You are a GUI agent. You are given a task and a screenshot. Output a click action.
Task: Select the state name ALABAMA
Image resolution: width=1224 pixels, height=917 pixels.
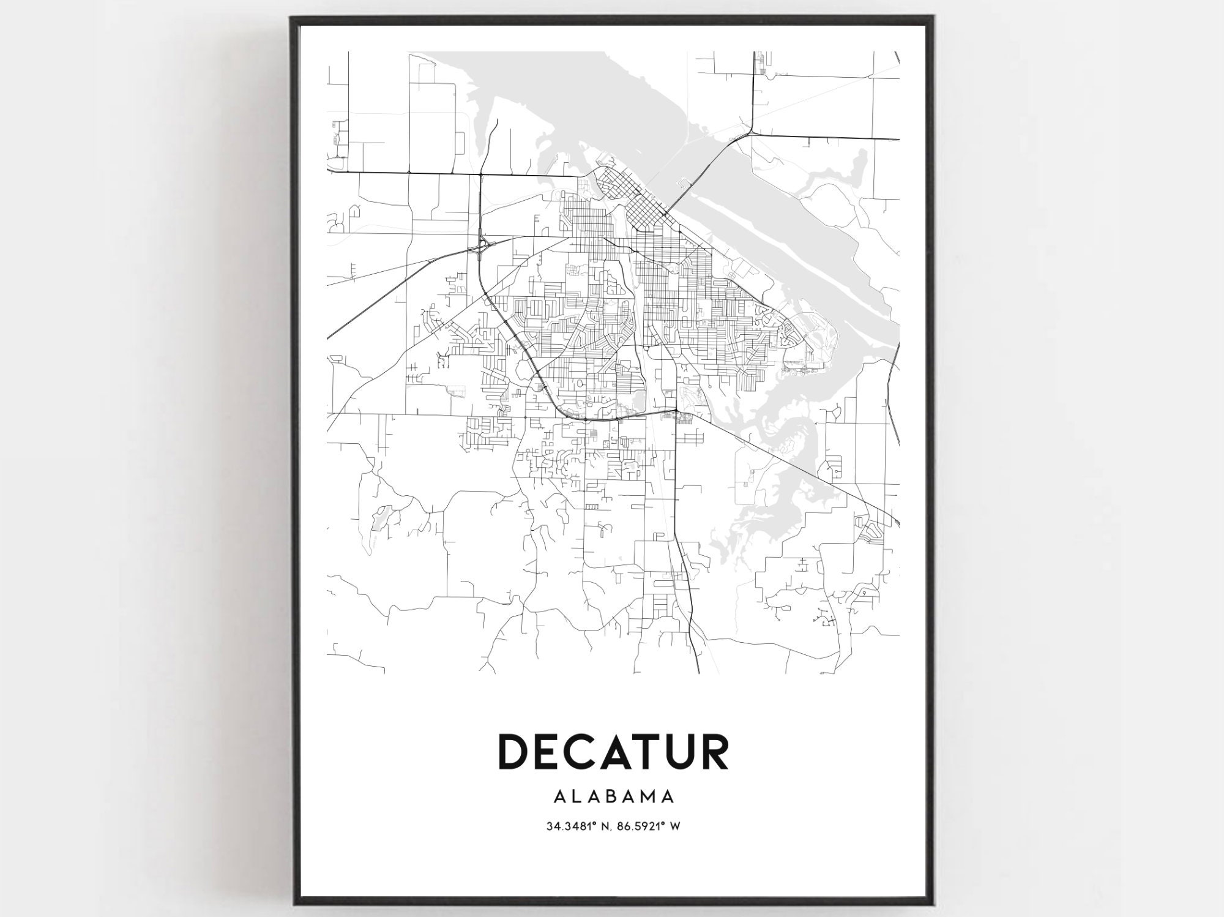pyautogui.click(x=613, y=796)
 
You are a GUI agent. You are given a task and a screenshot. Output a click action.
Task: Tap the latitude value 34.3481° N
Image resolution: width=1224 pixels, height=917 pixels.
pyautogui.click(x=576, y=826)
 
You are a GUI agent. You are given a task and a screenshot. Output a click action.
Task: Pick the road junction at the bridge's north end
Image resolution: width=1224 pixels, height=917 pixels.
pyautogui.click(x=750, y=131)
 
